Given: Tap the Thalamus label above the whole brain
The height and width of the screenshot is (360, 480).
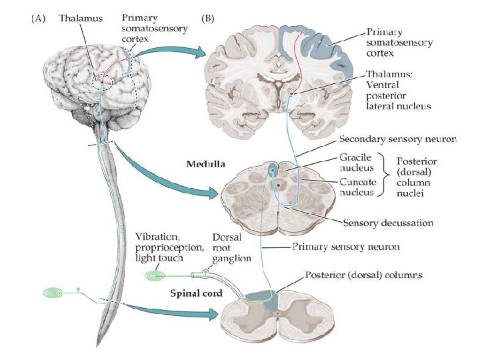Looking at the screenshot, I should click(x=81, y=19).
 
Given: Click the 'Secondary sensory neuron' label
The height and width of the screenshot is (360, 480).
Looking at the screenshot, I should click(x=398, y=140).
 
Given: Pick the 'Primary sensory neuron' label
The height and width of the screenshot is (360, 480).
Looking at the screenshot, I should click(x=347, y=247).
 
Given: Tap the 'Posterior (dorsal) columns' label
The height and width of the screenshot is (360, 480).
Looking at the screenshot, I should click(x=363, y=274).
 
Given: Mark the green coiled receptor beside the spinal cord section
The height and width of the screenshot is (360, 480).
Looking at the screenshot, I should click(x=155, y=274).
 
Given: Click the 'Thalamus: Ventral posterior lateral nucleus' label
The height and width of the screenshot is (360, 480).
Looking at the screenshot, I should click(x=397, y=91).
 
